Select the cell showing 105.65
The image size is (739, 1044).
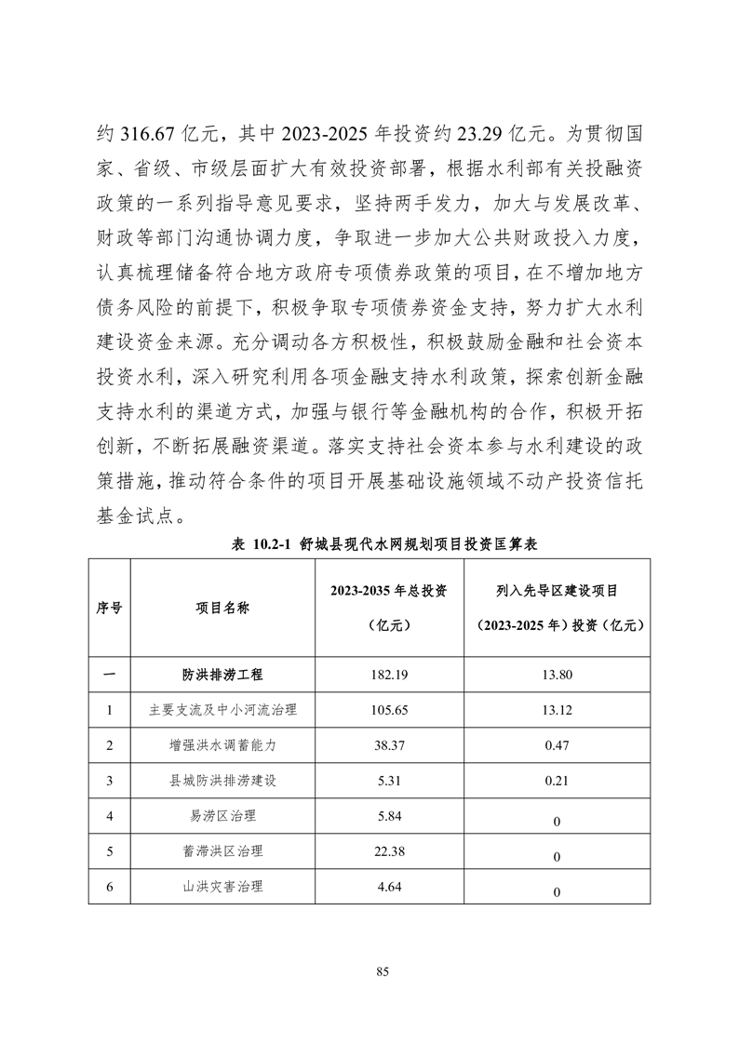383,710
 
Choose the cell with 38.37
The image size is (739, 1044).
383,745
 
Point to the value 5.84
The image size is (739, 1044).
383,816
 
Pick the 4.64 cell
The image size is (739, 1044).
383,887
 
